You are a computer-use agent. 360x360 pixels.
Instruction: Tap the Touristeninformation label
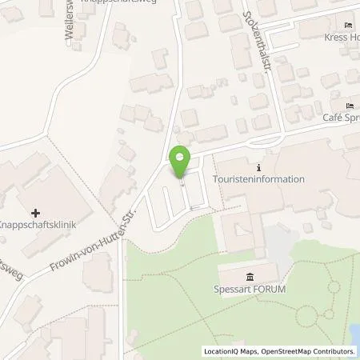pyautogui.click(x=260, y=179)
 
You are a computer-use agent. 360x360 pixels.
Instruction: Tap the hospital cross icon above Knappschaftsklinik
pyautogui.click(x=36, y=214)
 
